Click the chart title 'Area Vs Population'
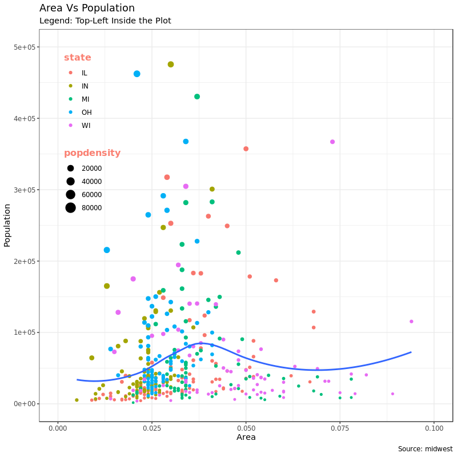87,8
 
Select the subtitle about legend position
105,21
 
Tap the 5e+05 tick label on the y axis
25,47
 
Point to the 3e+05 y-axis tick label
25,190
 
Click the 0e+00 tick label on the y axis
25,404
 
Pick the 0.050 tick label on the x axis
246,428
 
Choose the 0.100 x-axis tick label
434,428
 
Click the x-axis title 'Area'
246,438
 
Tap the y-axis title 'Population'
7,225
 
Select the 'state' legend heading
78,58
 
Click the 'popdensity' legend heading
92,153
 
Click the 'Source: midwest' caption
425,449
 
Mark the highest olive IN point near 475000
171,65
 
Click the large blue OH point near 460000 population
137,74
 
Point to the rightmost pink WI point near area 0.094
411,322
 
